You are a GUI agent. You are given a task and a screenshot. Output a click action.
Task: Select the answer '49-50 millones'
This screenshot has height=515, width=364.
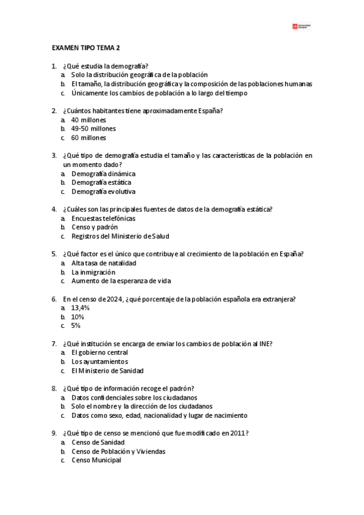click(x=93, y=129)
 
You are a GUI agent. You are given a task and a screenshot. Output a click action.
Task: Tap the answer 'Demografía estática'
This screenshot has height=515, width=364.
click(x=101, y=182)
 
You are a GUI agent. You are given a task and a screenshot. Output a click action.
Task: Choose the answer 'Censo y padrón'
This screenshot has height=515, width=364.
click(x=94, y=227)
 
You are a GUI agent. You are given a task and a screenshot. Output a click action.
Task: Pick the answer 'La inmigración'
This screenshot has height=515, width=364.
click(x=93, y=272)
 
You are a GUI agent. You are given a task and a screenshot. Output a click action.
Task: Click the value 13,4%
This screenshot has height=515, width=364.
click(x=80, y=308)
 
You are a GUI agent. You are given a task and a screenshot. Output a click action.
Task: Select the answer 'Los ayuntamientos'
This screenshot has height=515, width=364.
click(x=99, y=361)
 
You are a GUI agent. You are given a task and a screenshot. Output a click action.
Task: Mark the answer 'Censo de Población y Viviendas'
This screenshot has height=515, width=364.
click(x=118, y=451)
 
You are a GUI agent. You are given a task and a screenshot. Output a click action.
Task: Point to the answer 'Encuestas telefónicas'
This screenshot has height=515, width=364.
click(x=103, y=218)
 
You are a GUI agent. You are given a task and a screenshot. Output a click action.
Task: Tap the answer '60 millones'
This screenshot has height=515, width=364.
click(x=89, y=138)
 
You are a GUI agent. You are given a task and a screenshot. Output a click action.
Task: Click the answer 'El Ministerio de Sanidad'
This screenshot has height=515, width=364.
click(x=107, y=370)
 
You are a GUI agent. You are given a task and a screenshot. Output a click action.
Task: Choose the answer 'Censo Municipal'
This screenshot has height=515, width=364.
click(x=96, y=460)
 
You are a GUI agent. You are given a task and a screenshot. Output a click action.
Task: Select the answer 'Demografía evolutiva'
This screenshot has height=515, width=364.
click(x=103, y=191)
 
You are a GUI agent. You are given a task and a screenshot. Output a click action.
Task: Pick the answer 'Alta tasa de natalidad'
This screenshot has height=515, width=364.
click(x=103, y=263)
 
